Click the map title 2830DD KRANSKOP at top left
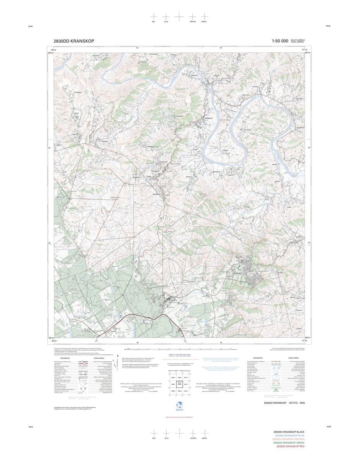point(74,41)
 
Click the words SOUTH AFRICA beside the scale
point(298,40)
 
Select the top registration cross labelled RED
point(154,16)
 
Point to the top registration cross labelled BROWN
point(193,16)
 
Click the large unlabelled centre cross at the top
point(179,16)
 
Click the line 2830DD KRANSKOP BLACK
point(289,432)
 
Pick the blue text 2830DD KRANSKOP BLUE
point(289,436)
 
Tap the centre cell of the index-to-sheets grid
point(179,384)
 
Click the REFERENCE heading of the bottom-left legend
point(65,358)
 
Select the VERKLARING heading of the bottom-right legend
point(289,358)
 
